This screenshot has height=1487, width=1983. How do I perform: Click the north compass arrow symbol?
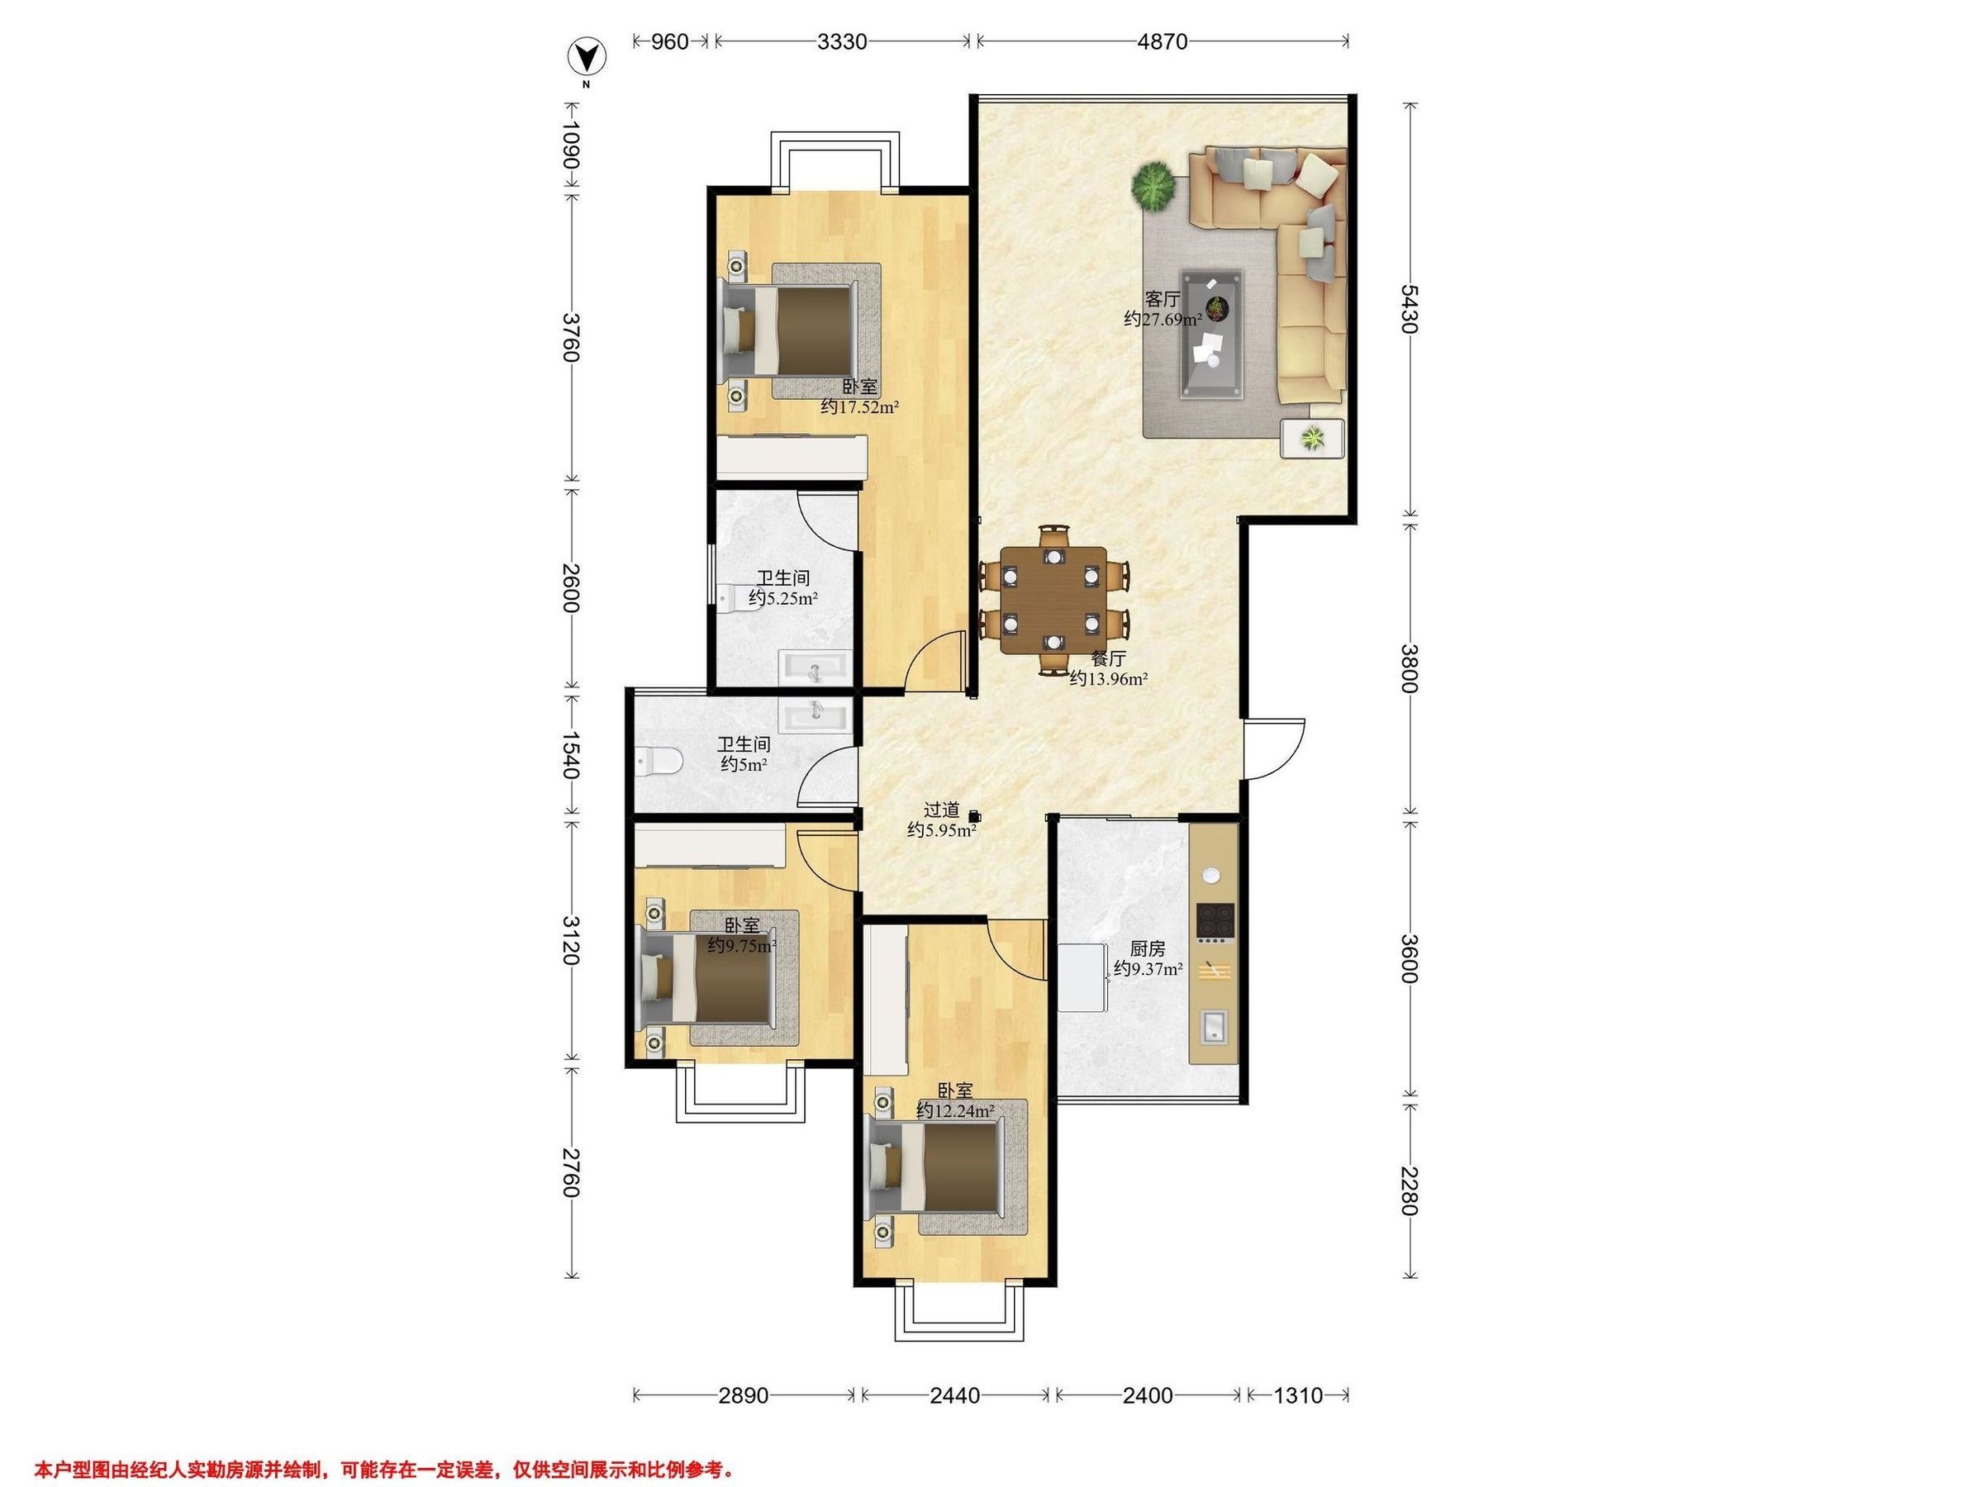(x=587, y=59)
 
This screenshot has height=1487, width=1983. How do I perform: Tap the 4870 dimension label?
(x=1163, y=41)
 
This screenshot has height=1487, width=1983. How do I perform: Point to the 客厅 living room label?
(x=1162, y=299)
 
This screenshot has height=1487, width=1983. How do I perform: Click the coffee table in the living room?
(x=1212, y=333)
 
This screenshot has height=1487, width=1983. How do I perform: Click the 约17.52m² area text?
(x=861, y=407)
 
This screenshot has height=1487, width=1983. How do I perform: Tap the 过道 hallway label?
(x=942, y=810)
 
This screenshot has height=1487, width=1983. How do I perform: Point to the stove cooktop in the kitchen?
(x=1215, y=919)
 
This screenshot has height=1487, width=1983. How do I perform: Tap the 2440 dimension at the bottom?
(x=956, y=1395)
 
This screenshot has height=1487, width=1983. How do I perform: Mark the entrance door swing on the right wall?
(x=1274, y=748)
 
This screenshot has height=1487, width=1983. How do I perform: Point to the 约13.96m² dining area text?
(x=1109, y=679)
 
